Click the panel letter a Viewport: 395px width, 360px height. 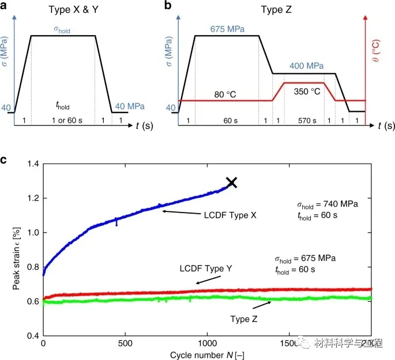click(6, 6)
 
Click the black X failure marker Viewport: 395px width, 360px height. click(231, 183)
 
